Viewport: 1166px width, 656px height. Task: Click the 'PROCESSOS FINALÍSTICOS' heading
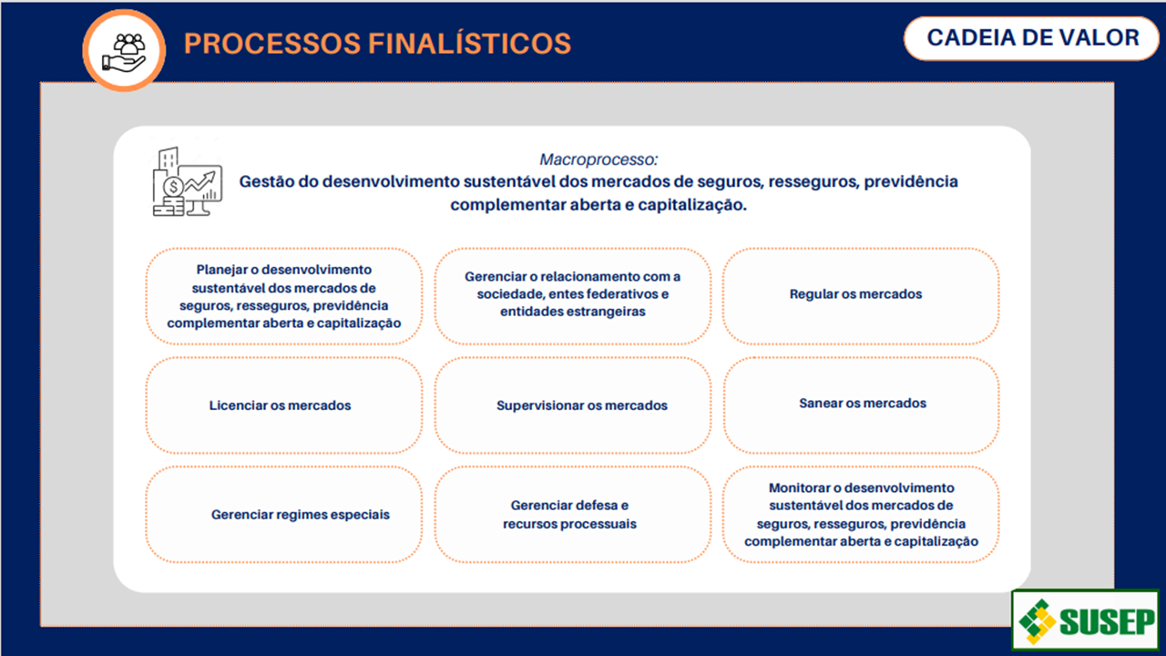(x=377, y=43)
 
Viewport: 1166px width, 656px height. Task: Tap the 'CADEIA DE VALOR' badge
(x=1032, y=38)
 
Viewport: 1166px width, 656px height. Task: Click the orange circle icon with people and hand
(x=124, y=50)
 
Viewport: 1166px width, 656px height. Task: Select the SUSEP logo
(x=1085, y=620)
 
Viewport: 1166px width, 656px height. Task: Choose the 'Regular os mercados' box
(x=860, y=295)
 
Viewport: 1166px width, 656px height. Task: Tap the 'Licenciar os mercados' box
(x=283, y=405)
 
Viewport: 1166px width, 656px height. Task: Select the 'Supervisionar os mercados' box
(x=572, y=405)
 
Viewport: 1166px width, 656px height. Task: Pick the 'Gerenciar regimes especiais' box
(x=283, y=515)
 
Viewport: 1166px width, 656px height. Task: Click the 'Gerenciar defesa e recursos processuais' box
(x=572, y=515)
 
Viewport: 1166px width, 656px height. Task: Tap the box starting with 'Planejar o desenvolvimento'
(x=283, y=296)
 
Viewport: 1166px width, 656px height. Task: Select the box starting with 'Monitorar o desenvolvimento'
(x=860, y=515)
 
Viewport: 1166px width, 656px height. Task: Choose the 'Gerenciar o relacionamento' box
(x=572, y=294)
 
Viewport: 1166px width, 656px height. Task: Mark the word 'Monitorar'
(x=799, y=488)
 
